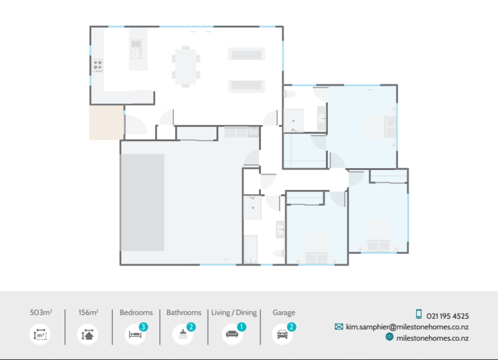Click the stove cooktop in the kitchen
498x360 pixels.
point(98,65)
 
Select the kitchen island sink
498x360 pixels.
point(136,48)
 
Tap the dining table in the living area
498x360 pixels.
point(186,66)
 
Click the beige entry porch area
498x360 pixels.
point(106,122)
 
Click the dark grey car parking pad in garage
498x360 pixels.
point(143,202)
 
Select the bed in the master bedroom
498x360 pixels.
point(379,127)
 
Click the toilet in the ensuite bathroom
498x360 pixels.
point(289,94)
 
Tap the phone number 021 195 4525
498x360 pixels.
point(448,316)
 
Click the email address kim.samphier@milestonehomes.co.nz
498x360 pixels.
point(408,327)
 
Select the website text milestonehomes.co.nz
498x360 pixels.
point(432,338)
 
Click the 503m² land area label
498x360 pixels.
point(41,312)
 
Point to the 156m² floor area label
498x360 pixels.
point(88,312)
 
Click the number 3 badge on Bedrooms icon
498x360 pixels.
point(144,327)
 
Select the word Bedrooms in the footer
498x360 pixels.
point(136,312)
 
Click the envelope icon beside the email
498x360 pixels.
point(339,327)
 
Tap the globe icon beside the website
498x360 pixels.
point(389,337)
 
